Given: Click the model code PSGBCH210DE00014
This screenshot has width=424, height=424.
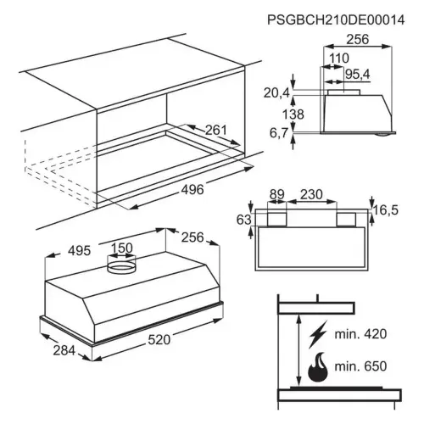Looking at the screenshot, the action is pyautogui.click(x=336, y=20).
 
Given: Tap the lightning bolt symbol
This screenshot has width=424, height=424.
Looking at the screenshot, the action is pyautogui.click(x=318, y=334).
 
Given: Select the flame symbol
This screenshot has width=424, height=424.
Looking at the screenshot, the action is pyautogui.click(x=318, y=366).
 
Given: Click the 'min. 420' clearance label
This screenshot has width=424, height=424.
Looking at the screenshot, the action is pyautogui.click(x=360, y=334).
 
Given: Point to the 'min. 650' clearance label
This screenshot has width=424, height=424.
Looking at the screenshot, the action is pyautogui.click(x=360, y=366).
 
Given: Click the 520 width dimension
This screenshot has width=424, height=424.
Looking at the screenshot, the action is pyautogui.click(x=159, y=340).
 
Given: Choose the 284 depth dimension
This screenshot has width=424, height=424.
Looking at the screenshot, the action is pyautogui.click(x=64, y=351).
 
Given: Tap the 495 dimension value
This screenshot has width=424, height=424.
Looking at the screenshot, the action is pyautogui.click(x=80, y=251).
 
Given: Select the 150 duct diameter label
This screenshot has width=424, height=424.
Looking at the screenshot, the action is pyautogui.click(x=121, y=248).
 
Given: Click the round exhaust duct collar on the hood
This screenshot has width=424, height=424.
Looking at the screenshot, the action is pyautogui.click(x=121, y=265).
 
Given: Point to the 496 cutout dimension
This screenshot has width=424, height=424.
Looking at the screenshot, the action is pyautogui.click(x=192, y=189).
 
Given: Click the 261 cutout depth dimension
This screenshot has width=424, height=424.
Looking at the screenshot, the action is pyautogui.click(x=215, y=130).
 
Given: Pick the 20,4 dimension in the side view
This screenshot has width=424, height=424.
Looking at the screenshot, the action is pyautogui.click(x=276, y=92).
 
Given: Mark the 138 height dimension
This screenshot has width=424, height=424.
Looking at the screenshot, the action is pyautogui.click(x=293, y=114).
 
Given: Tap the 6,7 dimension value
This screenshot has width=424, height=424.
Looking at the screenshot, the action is pyautogui.click(x=279, y=133).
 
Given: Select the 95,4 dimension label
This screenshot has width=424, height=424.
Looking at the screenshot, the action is pyautogui.click(x=358, y=75).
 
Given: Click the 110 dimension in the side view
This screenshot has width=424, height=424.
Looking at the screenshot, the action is pyautogui.click(x=339, y=59).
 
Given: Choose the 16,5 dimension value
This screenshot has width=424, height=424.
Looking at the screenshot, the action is pyautogui.click(x=386, y=210).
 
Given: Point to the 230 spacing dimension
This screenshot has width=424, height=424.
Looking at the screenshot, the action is pyautogui.click(x=311, y=194).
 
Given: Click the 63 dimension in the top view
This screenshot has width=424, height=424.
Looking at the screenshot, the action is pyautogui.click(x=243, y=220).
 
